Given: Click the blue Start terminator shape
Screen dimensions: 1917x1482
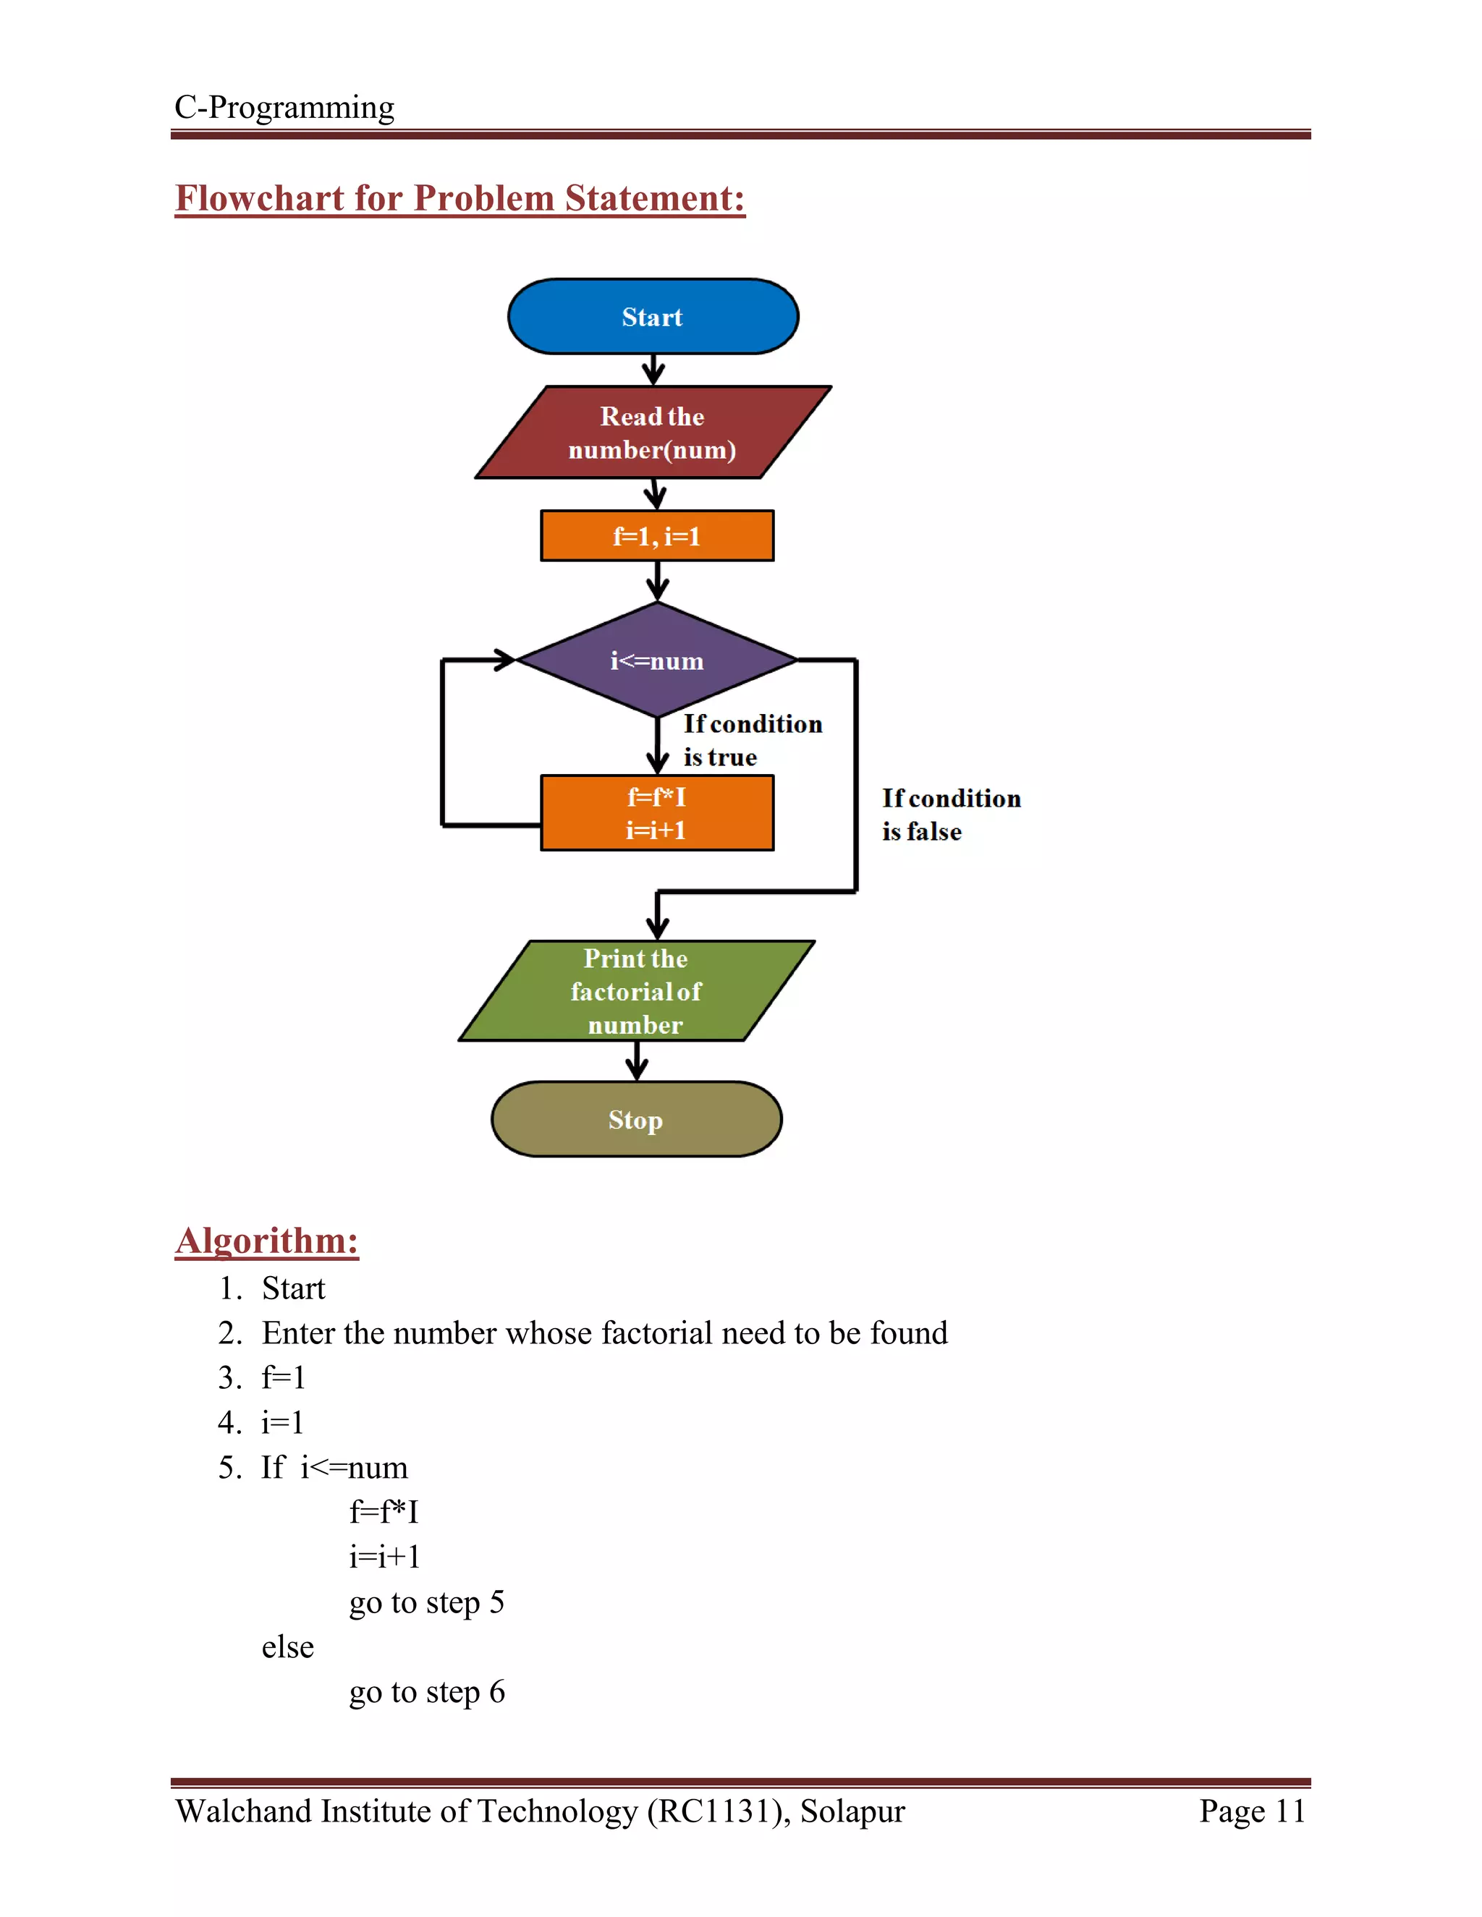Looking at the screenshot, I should click(652, 317).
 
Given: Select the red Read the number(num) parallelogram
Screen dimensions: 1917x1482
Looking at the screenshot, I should click(652, 433).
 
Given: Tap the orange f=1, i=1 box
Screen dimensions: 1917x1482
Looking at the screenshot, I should click(657, 535).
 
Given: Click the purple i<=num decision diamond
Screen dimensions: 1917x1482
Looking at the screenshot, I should click(657, 660).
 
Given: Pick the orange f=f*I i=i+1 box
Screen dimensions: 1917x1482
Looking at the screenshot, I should click(657, 813).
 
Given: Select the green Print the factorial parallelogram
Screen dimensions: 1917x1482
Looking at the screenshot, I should click(635, 991).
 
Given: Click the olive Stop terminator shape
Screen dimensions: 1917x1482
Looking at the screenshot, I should click(635, 1119).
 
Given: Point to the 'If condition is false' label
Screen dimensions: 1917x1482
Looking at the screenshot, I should click(950, 815).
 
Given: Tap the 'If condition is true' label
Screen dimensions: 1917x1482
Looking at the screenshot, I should click(752, 740).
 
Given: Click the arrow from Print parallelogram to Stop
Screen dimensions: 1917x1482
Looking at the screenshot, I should click(637, 1062).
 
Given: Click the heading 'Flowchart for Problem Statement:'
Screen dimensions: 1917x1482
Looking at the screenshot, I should click(460, 198).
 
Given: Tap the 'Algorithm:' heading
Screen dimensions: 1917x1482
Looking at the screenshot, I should click(267, 1240).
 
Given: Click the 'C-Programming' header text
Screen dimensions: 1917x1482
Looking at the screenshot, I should click(284, 107).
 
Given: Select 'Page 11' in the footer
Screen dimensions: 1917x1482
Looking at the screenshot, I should click(1252, 1811).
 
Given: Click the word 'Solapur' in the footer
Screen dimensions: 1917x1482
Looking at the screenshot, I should click(852, 1811).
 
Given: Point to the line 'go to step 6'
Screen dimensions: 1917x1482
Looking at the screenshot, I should click(427, 1691).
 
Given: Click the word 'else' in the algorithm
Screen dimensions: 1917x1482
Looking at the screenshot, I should click(287, 1646).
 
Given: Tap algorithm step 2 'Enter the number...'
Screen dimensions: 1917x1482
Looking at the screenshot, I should click(604, 1332).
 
